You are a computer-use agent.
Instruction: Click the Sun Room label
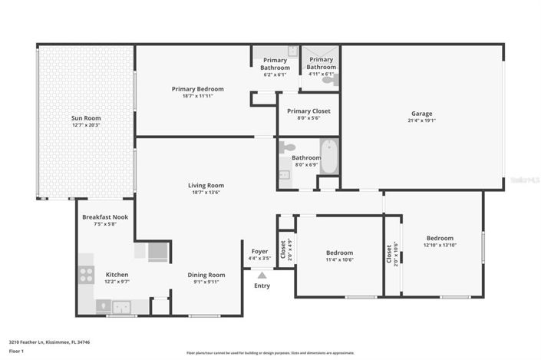click(x=86, y=117)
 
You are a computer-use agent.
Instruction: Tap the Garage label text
click(x=421, y=114)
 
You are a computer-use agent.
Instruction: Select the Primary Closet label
click(x=308, y=111)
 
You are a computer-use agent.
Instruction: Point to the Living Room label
click(x=206, y=185)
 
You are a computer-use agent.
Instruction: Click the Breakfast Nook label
click(x=105, y=217)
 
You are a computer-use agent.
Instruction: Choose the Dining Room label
click(x=206, y=275)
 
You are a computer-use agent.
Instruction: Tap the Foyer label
click(x=259, y=252)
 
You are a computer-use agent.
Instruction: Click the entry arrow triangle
click(x=262, y=274)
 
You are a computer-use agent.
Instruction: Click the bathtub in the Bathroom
click(x=329, y=157)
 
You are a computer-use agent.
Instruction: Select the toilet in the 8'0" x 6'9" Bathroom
click(x=288, y=147)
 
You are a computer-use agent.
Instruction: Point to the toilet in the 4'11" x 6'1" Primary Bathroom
click(x=329, y=79)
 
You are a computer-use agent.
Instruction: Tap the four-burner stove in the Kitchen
click(x=87, y=275)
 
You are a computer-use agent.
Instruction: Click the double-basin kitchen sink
click(x=121, y=307)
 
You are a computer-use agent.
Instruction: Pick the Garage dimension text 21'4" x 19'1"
click(x=421, y=121)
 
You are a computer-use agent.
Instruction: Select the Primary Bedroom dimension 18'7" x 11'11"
click(x=196, y=96)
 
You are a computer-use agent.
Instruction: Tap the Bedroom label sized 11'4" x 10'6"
click(x=339, y=253)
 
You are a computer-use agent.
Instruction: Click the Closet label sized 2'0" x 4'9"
click(x=282, y=249)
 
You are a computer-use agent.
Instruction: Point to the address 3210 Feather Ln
click(x=42, y=342)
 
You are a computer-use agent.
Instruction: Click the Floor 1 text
click(x=17, y=351)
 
